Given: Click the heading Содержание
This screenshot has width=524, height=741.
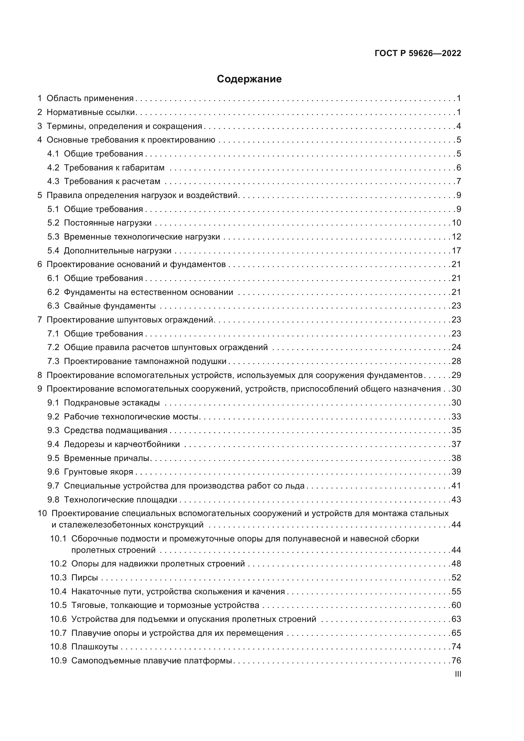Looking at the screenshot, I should [x=249, y=79].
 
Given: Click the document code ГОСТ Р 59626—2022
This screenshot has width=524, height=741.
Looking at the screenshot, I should [x=418, y=53].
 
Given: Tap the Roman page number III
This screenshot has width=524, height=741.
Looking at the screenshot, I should [x=457, y=674].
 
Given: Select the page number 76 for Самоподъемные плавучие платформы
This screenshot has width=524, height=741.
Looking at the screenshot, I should [x=456, y=660].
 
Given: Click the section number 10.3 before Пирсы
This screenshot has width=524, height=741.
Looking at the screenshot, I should [x=58, y=578].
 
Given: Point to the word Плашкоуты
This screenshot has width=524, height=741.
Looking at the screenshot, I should [x=94, y=647].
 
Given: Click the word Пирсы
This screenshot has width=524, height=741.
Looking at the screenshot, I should [x=85, y=578].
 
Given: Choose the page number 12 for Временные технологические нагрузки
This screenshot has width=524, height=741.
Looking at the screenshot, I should [x=456, y=237].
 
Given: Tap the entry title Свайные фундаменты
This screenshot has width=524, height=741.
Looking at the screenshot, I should [x=109, y=306].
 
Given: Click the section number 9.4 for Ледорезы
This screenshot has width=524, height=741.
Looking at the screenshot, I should [x=53, y=444].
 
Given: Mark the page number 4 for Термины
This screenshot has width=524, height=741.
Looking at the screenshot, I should [x=458, y=126].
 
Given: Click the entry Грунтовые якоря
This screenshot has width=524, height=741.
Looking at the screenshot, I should [x=99, y=472].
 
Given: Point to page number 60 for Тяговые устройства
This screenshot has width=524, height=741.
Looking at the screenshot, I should [x=456, y=605].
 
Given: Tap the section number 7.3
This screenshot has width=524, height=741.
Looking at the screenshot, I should [x=53, y=361].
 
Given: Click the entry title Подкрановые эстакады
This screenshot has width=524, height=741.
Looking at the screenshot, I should [x=112, y=403].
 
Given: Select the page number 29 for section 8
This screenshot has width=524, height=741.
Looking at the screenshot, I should [x=456, y=375].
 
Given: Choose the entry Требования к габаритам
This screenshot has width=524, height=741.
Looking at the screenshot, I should [x=114, y=168].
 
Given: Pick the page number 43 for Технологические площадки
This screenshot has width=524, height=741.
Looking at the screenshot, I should [x=456, y=500].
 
